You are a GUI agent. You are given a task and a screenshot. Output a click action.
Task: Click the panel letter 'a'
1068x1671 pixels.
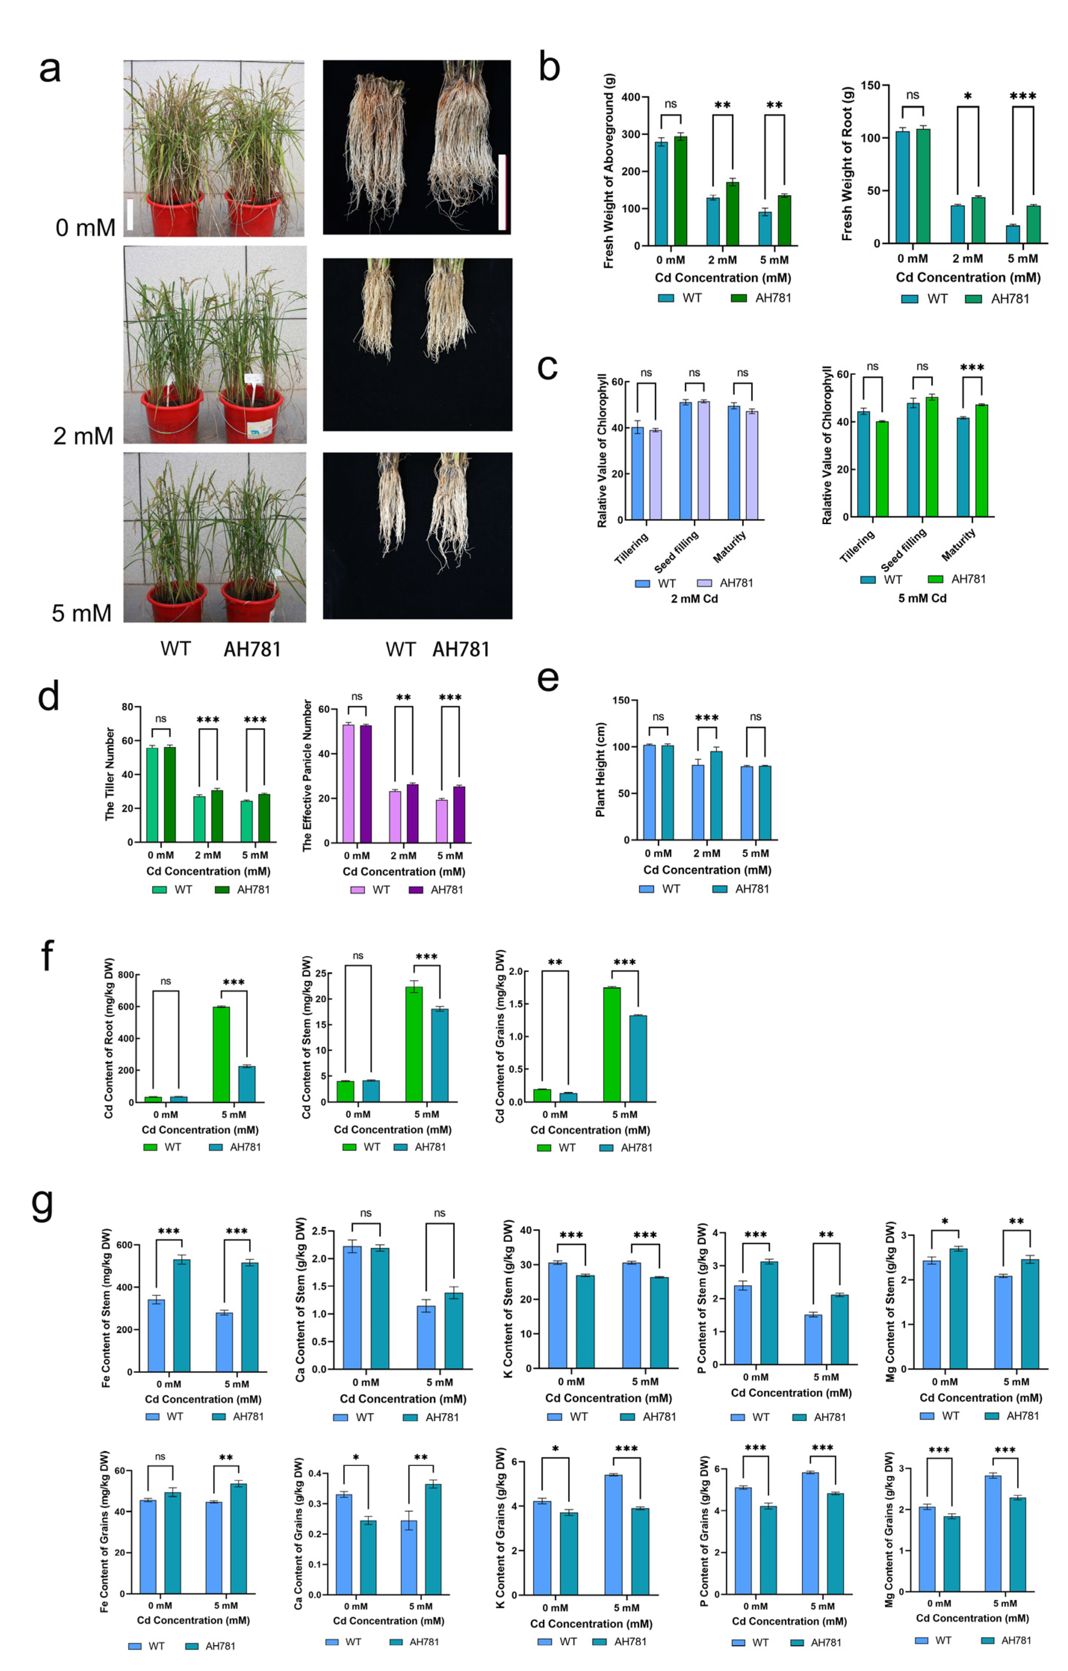click(x=49, y=69)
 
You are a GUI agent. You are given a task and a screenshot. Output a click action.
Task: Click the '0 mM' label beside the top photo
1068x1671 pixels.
click(x=85, y=228)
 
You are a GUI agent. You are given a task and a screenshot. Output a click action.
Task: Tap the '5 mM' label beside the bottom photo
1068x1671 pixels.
click(x=81, y=613)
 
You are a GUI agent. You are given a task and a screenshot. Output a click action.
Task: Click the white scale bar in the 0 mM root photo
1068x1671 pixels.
click(x=502, y=192)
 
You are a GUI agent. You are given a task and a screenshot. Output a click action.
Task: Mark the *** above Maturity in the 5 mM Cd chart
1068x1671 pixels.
click(x=972, y=367)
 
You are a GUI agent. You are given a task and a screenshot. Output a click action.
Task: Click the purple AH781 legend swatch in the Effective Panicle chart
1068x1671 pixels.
click(x=417, y=889)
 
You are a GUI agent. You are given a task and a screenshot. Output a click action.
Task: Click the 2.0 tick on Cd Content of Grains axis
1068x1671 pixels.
click(x=515, y=972)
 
